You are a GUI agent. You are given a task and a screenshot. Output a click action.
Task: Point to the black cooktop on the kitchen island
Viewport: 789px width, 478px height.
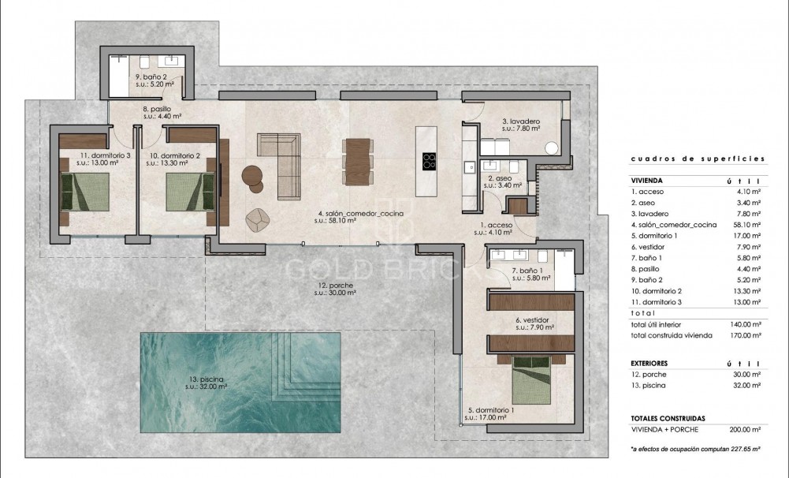tap(430, 161)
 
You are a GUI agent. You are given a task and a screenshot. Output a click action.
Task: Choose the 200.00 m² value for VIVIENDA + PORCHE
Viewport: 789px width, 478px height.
tap(745, 430)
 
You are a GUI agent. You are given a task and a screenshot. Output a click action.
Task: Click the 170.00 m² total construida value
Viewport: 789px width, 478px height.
tap(745, 335)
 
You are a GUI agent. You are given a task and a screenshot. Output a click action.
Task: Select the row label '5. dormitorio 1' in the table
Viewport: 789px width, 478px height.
tap(656, 236)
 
